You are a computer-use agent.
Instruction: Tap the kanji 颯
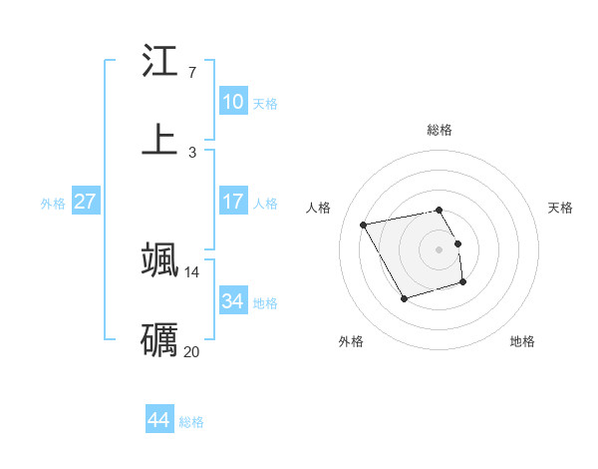click(159, 258)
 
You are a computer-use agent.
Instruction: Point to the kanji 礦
click(159, 339)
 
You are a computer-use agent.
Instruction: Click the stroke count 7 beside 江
click(191, 73)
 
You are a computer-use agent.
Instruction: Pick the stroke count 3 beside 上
click(191, 152)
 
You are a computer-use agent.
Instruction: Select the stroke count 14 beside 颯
click(191, 271)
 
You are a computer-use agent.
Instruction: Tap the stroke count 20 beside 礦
click(191, 351)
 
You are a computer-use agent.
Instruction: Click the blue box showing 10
click(233, 102)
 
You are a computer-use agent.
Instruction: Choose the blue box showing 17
click(233, 202)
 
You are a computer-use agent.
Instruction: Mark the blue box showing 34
click(233, 300)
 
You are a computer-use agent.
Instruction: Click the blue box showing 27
click(86, 202)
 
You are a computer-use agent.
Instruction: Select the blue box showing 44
click(159, 420)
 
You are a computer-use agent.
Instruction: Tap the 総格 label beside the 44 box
click(191, 422)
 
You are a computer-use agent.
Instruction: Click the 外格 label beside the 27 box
click(53, 204)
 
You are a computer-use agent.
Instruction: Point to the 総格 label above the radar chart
click(439, 130)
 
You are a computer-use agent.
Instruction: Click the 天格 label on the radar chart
click(560, 208)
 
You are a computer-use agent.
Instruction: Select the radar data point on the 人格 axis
click(364, 225)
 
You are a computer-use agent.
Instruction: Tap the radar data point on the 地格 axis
click(463, 283)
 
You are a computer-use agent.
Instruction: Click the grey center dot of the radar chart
click(439, 248)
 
